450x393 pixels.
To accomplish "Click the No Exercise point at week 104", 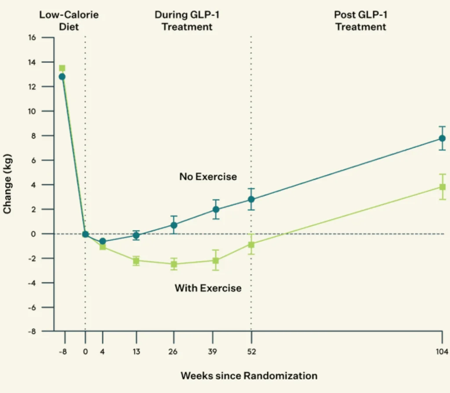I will coord(442,138).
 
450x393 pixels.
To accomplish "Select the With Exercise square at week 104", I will coord(442,187).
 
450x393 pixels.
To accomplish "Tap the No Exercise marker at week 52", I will coord(251,199).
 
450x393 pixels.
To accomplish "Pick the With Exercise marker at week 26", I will coord(174,264).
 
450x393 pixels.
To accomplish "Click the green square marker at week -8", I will coord(62,68).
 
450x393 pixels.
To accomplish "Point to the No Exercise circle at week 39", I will coord(216,209).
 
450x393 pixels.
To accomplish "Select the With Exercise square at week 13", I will coord(136,261).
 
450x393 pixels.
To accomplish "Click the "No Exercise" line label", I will coord(208,177).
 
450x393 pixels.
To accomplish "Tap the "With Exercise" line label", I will coord(208,288).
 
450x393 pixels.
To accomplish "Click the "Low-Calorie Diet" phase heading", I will coord(69,21).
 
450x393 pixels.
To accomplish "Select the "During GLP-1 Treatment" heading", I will coord(187,21).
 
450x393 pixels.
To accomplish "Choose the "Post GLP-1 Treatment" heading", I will coord(361,21).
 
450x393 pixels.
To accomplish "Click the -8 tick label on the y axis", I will coord(32,331).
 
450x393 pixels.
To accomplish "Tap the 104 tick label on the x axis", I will coord(442,351).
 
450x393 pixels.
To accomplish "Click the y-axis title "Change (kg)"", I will coord(7,184).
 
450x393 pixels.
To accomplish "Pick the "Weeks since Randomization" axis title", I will coord(249,375).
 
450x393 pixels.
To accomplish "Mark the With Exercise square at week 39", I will coord(216,261).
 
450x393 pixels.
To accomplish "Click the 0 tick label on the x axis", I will coord(85,351).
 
